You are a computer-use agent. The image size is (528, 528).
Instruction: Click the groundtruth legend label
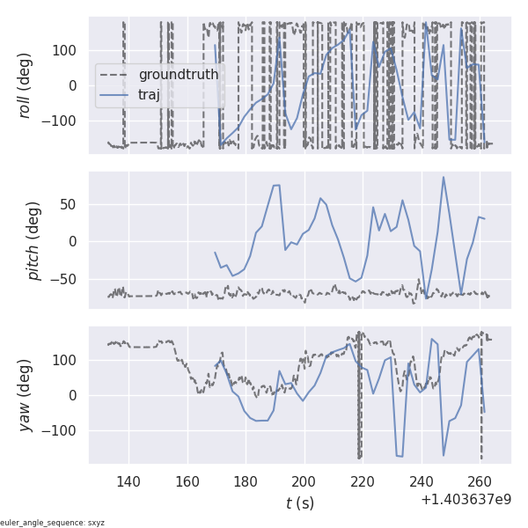coord(180,75)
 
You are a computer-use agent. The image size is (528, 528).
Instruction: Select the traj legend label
coord(149,95)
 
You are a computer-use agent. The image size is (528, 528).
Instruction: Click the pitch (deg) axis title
coord(36,240)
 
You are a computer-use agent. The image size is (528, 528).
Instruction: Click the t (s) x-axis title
coord(299,502)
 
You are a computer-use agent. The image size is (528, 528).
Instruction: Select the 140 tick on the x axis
coord(128,481)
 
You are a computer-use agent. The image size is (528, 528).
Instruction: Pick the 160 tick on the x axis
coord(187,481)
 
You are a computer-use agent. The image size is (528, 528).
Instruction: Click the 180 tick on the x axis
coord(246,481)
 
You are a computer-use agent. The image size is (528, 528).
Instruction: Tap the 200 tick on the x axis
coord(304,481)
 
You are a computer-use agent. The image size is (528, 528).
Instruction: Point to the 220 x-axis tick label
coord(363,481)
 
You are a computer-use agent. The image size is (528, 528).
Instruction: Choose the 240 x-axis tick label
coord(422,481)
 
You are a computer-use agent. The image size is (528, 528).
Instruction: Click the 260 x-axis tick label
coord(480,481)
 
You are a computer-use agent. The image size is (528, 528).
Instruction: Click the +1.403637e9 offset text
coord(466,499)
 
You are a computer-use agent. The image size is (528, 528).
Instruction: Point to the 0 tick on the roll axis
coord(76,85)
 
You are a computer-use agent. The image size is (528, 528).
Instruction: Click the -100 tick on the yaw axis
coord(63,430)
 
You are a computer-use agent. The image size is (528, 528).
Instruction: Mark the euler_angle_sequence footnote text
coord(53,523)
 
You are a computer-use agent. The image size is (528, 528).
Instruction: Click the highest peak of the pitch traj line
coord(444,177)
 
